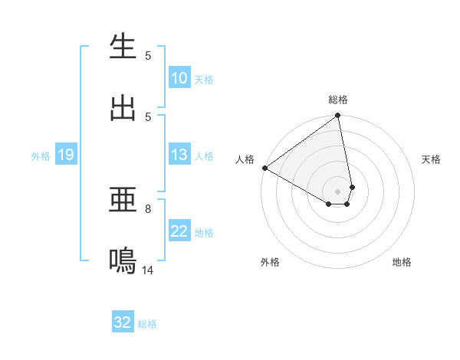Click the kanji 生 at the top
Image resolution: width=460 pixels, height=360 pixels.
pos(123,47)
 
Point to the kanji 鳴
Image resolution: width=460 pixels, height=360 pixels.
pos(123,261)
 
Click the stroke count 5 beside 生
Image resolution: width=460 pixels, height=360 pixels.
pos(149,56)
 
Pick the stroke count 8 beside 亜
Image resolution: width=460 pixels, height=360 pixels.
pos(149,208)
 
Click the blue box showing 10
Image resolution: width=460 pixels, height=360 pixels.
pos(179,78)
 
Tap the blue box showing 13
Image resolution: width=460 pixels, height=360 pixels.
pos(179,155)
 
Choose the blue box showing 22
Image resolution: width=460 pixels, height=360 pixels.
pos(179,231)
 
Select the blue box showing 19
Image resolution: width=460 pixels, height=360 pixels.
pos(65,155)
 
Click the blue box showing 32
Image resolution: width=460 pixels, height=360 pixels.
pos(123,322)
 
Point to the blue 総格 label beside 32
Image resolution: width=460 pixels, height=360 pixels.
pos(148,324)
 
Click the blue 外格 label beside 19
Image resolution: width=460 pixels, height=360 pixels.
pos(41,156)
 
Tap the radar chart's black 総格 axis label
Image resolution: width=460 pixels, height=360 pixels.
pos(338,100)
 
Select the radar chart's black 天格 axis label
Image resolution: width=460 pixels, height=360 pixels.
pos(432,159)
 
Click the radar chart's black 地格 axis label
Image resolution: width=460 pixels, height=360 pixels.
pos(402,262)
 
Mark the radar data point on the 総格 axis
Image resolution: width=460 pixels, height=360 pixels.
pos(338,116)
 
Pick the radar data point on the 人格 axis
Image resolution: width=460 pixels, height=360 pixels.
pos(264,168)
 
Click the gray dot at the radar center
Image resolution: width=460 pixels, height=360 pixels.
pos(338,191)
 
